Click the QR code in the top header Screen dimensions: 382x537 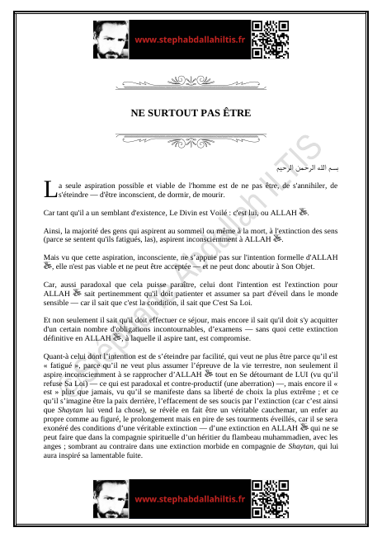[x=271, y=38]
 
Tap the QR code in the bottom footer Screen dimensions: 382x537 [x=271, y=500]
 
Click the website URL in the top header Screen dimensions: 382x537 [x=190, y=39]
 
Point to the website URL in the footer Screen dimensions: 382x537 [x=190, y=500]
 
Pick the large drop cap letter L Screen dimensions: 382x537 [x=49, y=191]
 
